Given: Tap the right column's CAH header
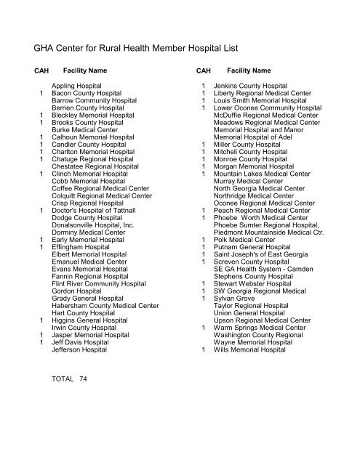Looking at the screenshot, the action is coord(204,71).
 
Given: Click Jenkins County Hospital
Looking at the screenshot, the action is coord(255,86).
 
